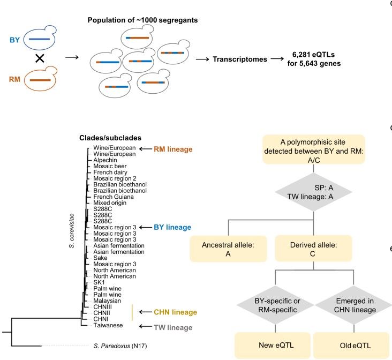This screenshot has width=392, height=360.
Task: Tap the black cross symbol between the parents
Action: (x=40, y=59)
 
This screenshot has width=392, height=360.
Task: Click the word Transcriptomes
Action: (x=240, y=59)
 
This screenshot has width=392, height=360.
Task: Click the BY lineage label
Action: (x=172, y=227)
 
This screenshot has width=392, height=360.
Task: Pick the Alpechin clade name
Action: (x=106, y=160)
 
